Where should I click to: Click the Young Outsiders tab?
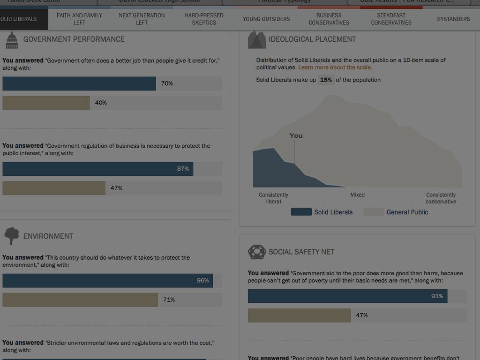click(x=266, y=19)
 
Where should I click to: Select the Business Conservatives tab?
click(x=329, y=19)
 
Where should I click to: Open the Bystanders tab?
click(x=453, y=19)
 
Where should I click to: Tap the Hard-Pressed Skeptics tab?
click(x=204, y=19)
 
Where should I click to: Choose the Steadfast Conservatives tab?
click(x=391, y=19)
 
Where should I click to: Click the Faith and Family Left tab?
click(x=79, y=19)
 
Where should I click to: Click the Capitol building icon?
click(x=12, y=40)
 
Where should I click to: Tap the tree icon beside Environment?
click(x=12, y=236)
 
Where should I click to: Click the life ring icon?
click(x=256, y=252)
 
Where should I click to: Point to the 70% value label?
click(x=167, y=83)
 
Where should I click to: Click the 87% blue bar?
click(x=97, y=169)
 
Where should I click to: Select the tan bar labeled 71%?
click(x=80, y=300)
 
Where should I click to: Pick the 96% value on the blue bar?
click(x=202, y=281)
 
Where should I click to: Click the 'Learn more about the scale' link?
click(x=335, y=67)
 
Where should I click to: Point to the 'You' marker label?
click(x=296, y=135)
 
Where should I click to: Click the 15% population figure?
click(x=326, y=80)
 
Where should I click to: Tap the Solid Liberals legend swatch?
click(x=301, y=212)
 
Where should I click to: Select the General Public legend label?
click(x=407, y=212)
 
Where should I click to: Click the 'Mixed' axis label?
click(x=357, y=195)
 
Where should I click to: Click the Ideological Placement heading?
click(x=312, y=39)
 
